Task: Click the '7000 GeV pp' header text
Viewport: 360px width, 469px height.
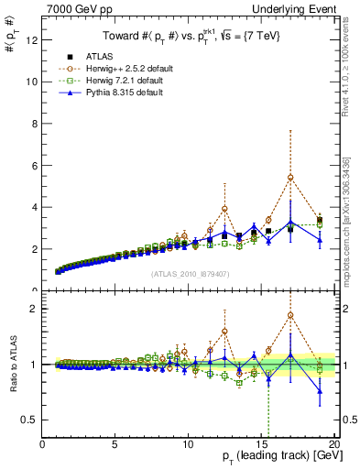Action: tap(76, 8)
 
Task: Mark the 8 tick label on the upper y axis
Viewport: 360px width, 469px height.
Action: tap(35, 124)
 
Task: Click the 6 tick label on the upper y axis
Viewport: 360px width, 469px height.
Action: tap(35, 165)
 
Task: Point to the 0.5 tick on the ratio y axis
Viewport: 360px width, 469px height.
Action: tap(30, 420)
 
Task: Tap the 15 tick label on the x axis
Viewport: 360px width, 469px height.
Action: tap(261, 444)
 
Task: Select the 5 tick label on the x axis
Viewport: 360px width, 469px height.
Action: tap(115, 444)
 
